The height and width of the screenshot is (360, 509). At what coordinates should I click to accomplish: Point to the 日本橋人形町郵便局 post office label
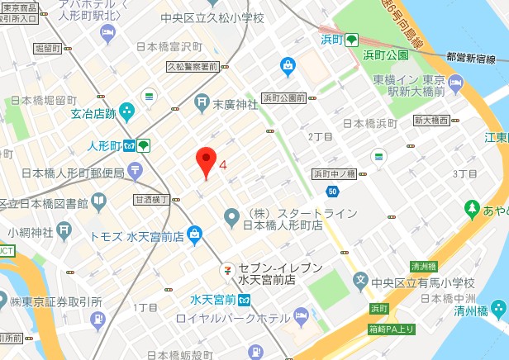pyautogui.click(x=72, y=173)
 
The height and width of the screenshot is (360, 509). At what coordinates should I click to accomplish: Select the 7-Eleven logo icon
pyautogui.click(x=226, y=270)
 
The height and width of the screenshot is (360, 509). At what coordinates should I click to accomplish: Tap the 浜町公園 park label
pyautogui.click(x=386, y=54)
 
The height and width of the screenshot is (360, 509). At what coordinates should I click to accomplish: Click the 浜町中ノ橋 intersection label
pyautogui.click(x=334, y=173)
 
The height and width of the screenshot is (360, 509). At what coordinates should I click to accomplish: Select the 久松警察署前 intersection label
pyautogui.click(x=192, y=66)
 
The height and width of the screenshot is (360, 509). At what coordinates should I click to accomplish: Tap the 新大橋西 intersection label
pyautogui.click(x=431, y=121)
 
